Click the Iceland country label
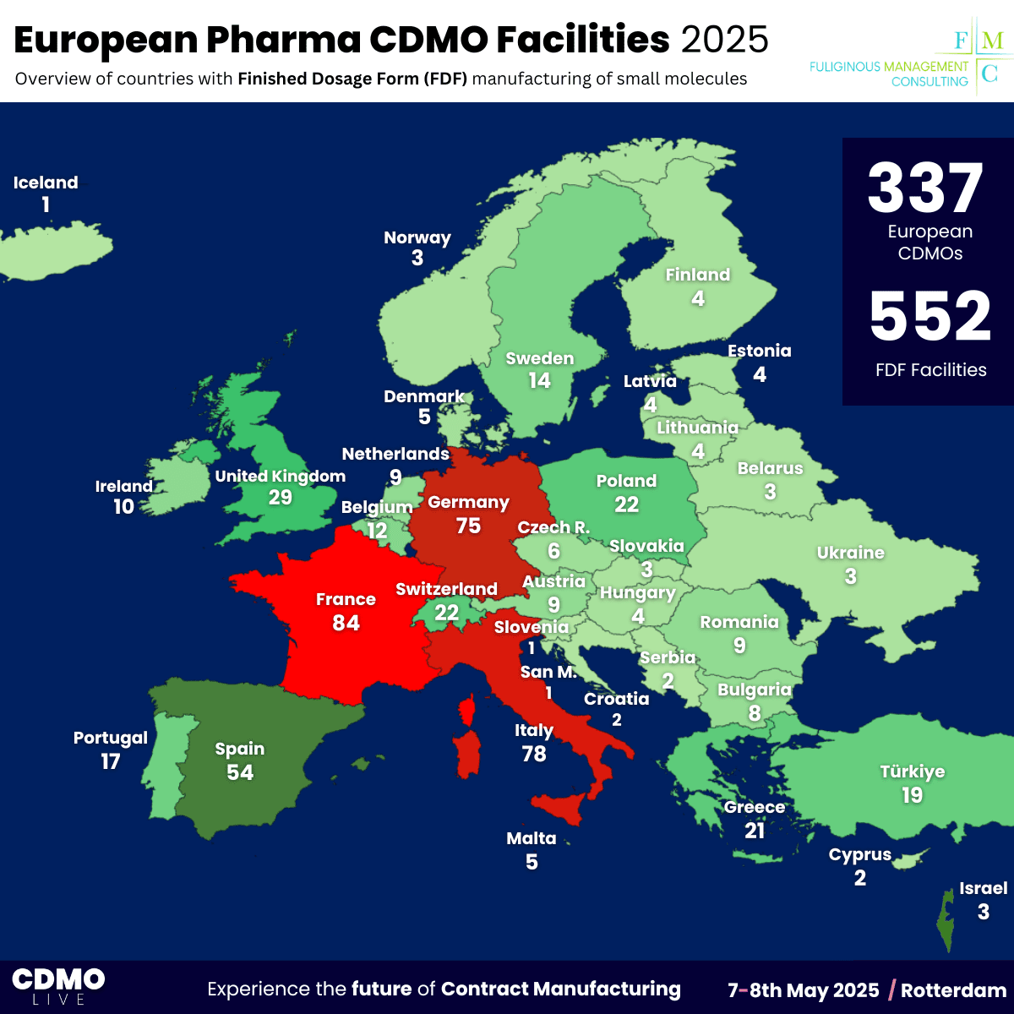tap(46, 183)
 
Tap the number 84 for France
tap(346, 624)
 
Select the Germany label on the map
tap(468, 503)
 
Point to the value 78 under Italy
tap(534, 754)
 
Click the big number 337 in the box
tap(926, 189)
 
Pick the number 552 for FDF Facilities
tap(930, 318)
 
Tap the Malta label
tap(532, 838)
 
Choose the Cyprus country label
tap(860, 854)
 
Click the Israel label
tap(984, 888)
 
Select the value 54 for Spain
tap(240, 772)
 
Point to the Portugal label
tap(111, 738)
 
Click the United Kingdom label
tap(281, 477)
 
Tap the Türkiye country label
tap(913, 771)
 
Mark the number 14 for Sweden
tap(540, 381)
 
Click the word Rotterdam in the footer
tap(953, 990)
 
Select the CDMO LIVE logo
tap(58, 986)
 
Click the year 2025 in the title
tap(725, 40)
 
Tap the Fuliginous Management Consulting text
tap(889, 74)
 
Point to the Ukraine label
tap(851, 553)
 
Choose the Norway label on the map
tap(417, 237)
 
